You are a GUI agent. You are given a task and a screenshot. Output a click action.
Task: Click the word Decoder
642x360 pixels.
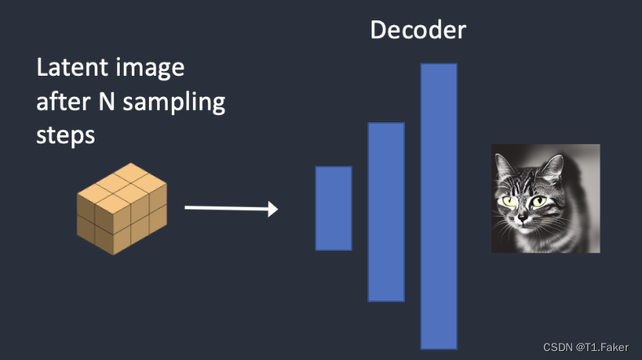[418, 30]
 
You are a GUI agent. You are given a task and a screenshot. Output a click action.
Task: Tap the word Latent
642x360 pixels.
[68, 68]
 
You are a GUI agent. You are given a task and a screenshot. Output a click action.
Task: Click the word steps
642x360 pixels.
[65, 135]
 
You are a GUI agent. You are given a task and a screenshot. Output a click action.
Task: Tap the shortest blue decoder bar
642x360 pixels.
[333, 209]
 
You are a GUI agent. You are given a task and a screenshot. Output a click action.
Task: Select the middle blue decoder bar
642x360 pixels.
[386, 212]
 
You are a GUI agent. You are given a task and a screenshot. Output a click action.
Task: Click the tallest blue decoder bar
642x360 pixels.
[438, 205]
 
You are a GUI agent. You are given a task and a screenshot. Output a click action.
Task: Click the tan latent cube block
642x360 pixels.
[122, 209]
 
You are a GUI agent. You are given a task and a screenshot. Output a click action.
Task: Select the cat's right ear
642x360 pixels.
[554, 167]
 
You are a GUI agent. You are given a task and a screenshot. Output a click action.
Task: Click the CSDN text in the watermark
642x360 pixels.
[558, 347]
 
